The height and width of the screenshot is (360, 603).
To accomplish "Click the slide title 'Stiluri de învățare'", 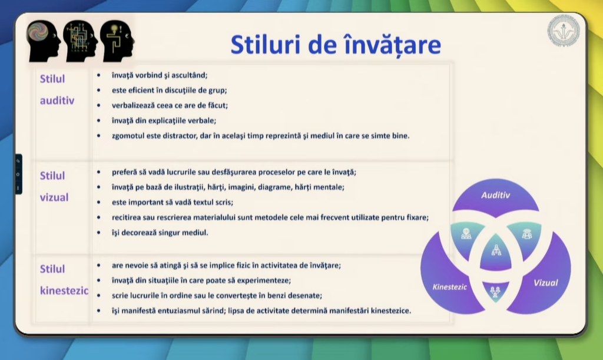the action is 335,45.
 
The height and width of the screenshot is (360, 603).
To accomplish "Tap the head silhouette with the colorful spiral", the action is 43,41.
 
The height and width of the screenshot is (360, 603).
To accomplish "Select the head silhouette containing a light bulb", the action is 117,41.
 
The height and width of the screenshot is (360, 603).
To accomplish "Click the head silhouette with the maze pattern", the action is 80,41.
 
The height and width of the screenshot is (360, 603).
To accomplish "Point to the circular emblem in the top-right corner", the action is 564,31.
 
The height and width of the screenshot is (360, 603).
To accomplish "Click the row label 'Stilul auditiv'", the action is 57,90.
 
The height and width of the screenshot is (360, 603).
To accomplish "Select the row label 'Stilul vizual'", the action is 54,187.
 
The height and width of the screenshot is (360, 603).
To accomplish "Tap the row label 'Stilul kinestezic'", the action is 64,280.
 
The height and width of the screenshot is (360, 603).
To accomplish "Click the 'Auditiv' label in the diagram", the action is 495,196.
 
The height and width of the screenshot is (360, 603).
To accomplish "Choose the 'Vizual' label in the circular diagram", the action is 545,283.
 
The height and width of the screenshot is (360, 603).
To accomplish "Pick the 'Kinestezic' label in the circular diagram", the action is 449,287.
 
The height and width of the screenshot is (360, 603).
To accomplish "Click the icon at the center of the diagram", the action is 496,250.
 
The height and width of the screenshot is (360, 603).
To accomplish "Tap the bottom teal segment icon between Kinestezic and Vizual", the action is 495,292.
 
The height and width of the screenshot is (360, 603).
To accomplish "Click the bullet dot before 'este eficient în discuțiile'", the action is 99,90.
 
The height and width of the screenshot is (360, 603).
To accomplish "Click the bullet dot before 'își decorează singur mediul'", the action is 99,233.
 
